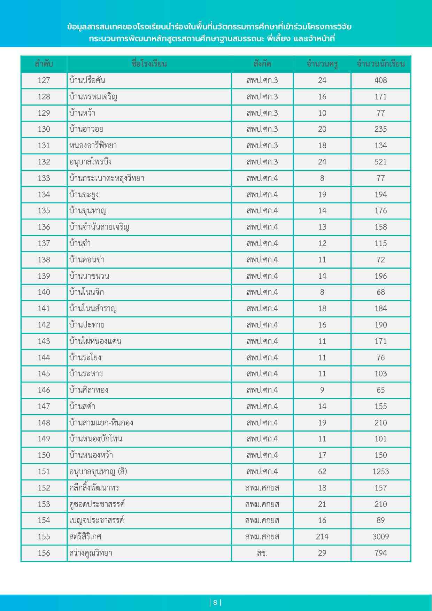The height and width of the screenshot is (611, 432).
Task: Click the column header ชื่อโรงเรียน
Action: coord(149,64)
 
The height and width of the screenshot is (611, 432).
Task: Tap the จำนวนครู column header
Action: coord(322,64)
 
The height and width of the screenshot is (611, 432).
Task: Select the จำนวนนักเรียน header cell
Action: coord(380,64)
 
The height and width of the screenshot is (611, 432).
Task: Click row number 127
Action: coord(44,80)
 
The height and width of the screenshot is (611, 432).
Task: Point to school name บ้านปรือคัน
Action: coord(87,80)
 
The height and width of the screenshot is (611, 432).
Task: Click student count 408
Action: coord(380,80)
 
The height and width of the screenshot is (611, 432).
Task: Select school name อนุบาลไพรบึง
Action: coord(90,162)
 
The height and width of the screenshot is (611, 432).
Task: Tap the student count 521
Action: coord(380,162)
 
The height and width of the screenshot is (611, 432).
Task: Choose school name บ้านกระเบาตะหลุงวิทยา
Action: coord(107,178)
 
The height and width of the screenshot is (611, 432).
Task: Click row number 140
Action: coord(44,292)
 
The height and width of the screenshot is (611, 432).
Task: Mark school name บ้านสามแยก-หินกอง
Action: coord(101,423)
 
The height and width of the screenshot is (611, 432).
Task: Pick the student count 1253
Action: coord(380,472)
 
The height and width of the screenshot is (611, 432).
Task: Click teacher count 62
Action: coord(322,472)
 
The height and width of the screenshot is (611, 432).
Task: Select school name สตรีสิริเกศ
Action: coord(85,537)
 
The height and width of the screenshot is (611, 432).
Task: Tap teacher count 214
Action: coord(322,537)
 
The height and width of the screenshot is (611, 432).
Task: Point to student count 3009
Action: coord(380,537)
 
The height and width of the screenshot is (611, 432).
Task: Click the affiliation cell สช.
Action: coord(262,553)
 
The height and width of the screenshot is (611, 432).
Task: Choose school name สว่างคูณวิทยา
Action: coord(91,553)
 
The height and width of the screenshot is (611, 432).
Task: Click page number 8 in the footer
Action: coord(215,603)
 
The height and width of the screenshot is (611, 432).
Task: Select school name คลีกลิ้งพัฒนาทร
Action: coord(94,488)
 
